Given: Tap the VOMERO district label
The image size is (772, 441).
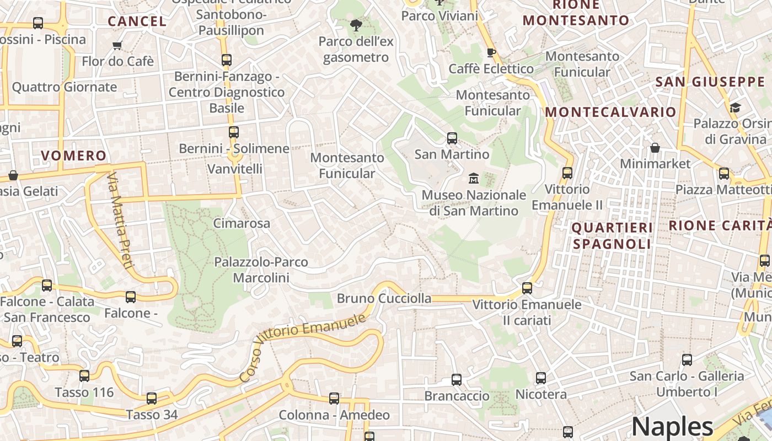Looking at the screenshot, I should coord(73,156).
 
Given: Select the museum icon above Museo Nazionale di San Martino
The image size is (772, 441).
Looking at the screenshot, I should coord(474,179).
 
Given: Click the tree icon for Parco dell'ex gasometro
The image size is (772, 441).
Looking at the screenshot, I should coord(356,25).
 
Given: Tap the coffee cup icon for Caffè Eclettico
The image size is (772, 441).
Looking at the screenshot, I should coord(491,52).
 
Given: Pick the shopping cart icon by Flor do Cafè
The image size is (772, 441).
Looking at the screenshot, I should coord(117,45).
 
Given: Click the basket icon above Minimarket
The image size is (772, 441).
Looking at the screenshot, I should coord(655,148).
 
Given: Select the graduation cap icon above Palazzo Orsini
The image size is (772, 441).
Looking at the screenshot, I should coord(735,107).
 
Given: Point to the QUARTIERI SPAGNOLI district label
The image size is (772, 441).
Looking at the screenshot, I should coord(612,235).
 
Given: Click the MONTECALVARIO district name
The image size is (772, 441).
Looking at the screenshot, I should coord(610,112).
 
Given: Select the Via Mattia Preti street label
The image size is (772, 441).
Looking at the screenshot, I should coord(120,220).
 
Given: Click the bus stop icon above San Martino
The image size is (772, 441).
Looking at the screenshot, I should coord(452,138).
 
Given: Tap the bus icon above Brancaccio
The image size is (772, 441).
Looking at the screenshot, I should coord(457,380).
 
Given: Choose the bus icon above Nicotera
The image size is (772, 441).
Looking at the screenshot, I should coord(541,378).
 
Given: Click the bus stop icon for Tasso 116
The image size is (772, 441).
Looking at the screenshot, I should coord(84,376).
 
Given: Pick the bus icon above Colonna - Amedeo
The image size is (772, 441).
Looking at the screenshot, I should coord(334,399).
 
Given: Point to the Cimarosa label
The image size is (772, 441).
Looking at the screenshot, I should coord(242,223).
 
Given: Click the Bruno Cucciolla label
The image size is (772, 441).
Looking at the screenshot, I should coord(384,299).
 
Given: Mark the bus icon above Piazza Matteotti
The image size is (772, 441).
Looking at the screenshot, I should coord(724,174).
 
